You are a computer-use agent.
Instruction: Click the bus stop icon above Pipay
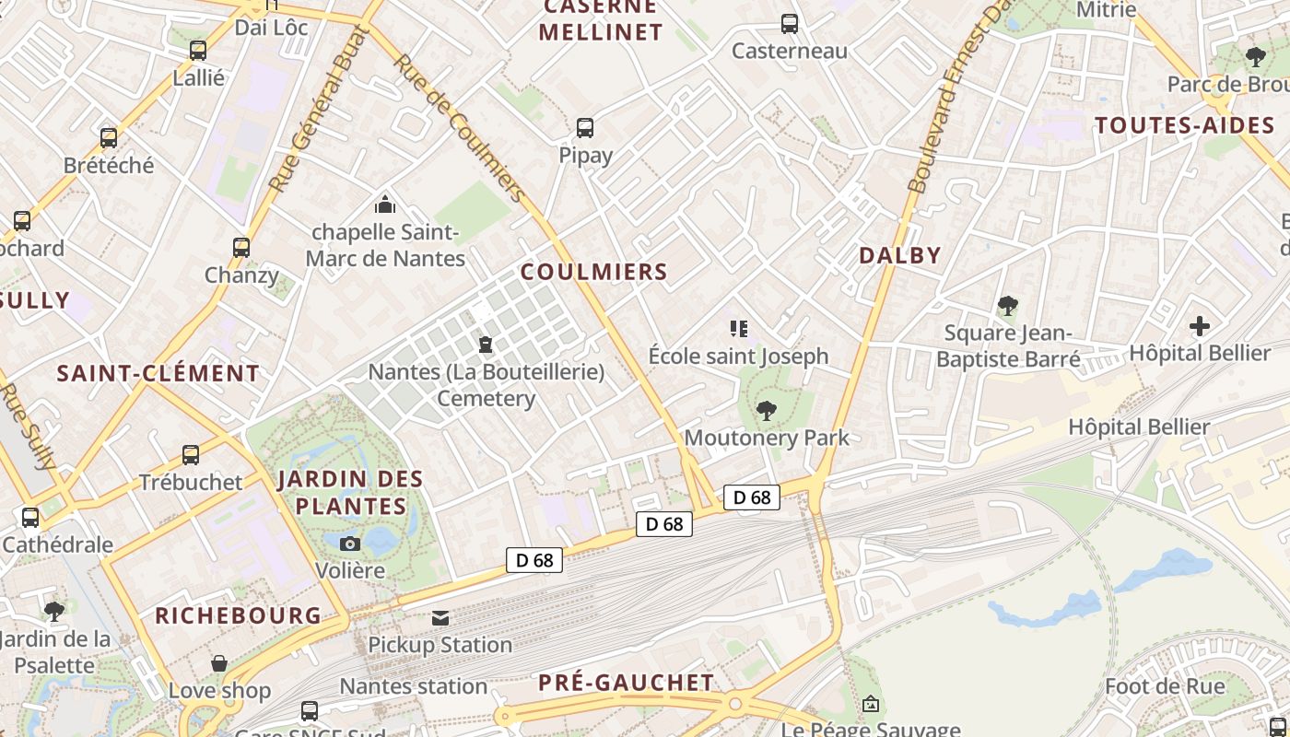585,128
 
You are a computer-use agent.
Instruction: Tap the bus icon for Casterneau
790,24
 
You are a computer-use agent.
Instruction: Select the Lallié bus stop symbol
198,51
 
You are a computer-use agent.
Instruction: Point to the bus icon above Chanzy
241,247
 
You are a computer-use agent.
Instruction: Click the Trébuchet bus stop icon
191,454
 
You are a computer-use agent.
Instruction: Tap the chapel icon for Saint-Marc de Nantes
385,204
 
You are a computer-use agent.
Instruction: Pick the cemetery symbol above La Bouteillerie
486,345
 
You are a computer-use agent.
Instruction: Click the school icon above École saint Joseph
738,328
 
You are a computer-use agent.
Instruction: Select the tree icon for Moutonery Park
766,411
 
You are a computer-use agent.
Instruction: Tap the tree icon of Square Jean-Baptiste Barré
1007,305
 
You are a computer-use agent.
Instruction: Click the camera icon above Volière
350,544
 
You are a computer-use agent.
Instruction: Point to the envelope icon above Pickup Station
440,617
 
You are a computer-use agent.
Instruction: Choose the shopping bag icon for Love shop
219,663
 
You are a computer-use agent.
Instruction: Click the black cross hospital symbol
1200,326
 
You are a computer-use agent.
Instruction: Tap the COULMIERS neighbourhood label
593,272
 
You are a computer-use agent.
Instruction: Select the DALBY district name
900,255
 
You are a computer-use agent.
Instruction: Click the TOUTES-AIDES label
1185,125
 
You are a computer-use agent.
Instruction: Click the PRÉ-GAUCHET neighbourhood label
627,683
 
